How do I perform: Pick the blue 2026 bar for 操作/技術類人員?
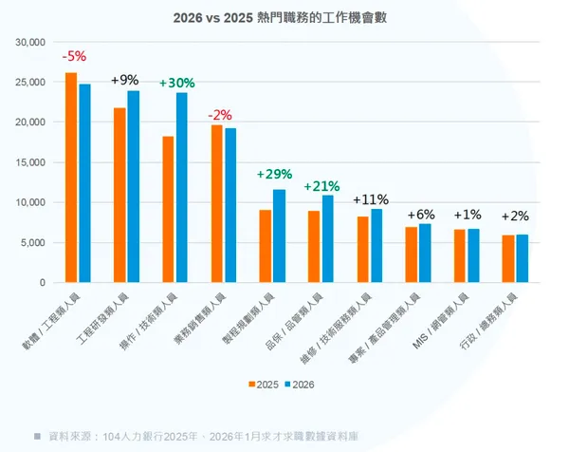click(x=182, y=188)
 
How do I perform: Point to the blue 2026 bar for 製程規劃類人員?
click(x=279, y=236)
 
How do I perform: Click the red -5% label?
click(x=73, y=56)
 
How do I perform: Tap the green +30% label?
click(x=176, y=83)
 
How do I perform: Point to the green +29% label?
click(x=274, y=175)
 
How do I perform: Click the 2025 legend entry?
click(x=263, y=386)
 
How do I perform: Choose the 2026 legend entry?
click(x=300, y=386)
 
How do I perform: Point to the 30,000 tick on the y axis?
click(x=31, y=43)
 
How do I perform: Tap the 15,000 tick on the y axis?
click(x=31, y=162)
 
